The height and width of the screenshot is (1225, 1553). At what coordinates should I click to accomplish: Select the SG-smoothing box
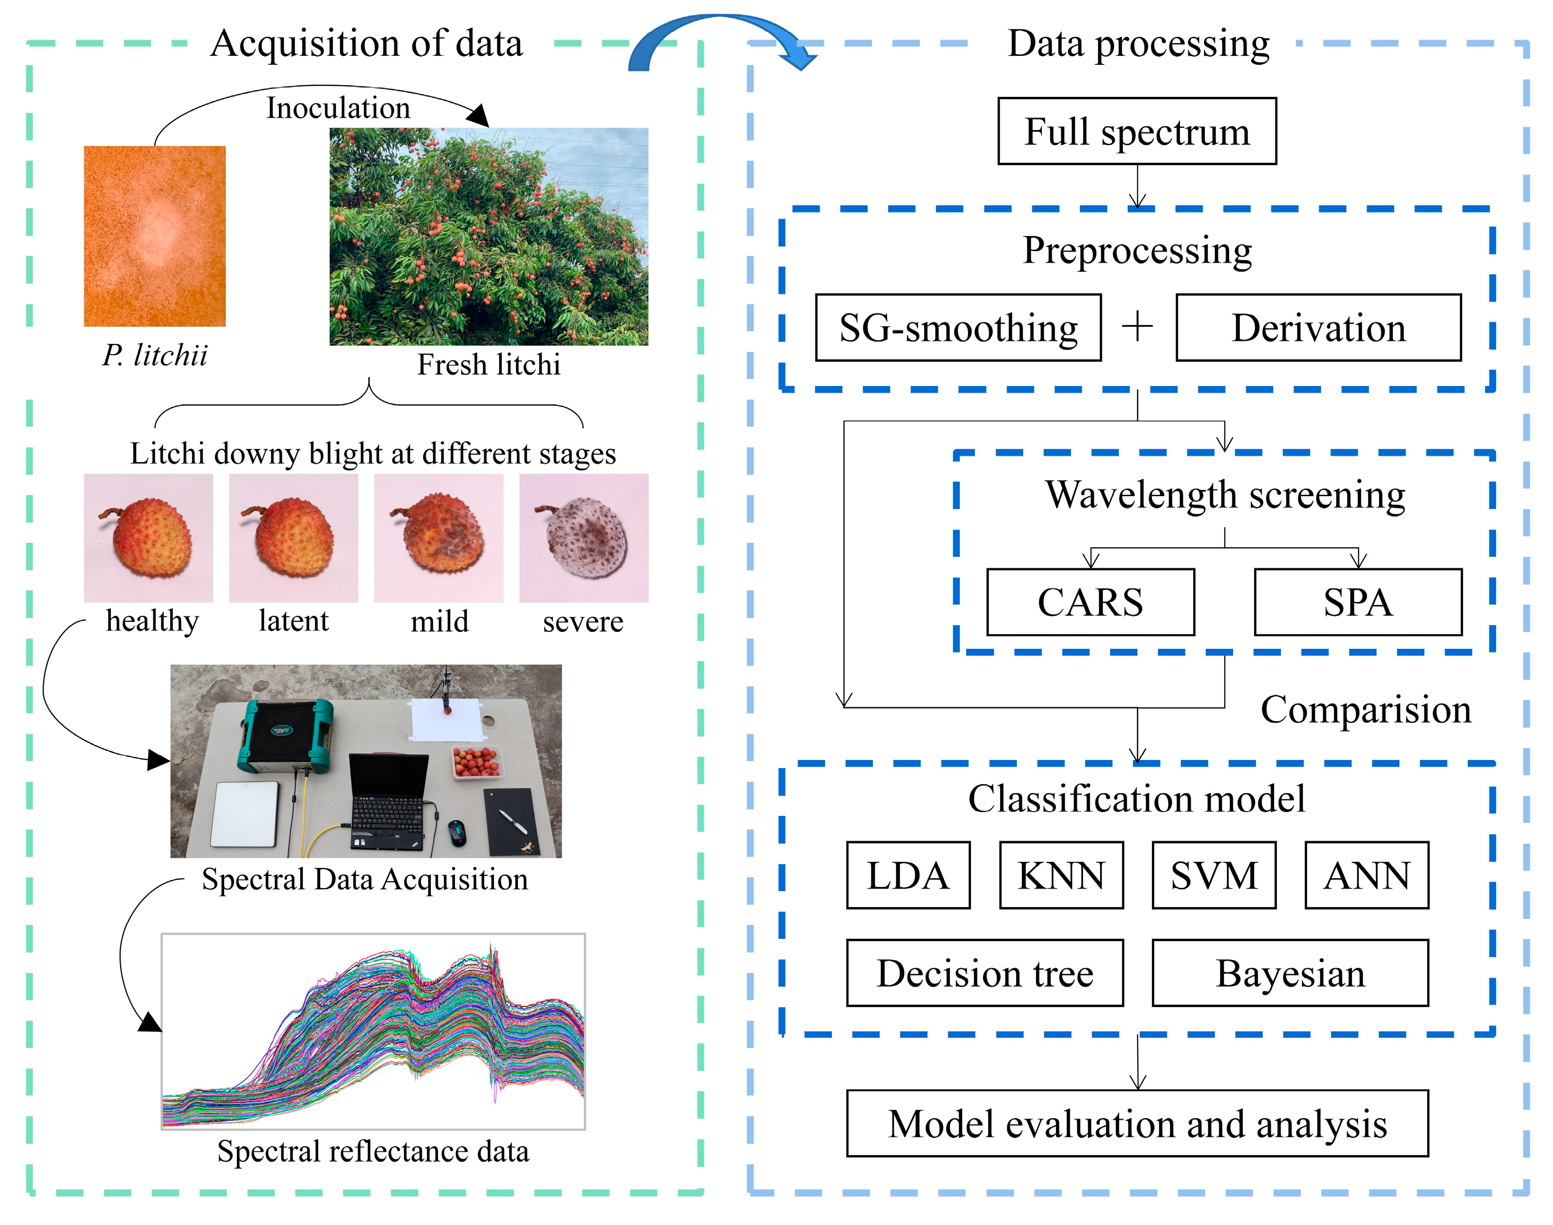click(x=958, y=328)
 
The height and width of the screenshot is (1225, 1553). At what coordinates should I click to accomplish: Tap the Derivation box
click(x=1318, y=328)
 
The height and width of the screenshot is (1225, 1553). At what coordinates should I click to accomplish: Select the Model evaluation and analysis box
click(x=1137, y=1124)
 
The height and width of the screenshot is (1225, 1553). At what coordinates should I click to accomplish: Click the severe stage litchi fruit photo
click(x=584, y=538)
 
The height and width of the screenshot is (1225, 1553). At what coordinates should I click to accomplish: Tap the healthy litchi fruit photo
click(x=148, y=538)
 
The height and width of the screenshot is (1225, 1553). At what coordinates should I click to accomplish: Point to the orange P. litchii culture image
click(x=155, y=236)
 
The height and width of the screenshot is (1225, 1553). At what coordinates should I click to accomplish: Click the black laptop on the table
click(x=387, y=796)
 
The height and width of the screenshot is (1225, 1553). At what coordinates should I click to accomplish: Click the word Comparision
click(x=1365, y=710)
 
